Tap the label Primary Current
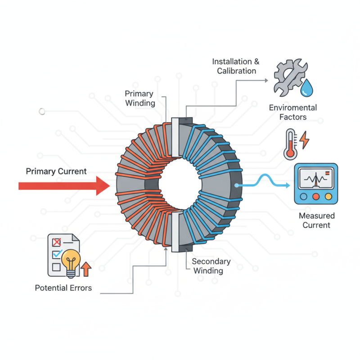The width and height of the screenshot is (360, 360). pos(56,171)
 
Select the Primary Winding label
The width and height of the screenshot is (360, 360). pos(139,98)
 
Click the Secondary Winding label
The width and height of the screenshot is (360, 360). pos(211,266)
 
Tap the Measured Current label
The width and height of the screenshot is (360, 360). pos(316,220)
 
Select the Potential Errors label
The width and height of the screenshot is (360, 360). pos(63,288)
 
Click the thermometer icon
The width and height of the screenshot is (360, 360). pos(290,144)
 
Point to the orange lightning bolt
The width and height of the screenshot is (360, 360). pos(305,140)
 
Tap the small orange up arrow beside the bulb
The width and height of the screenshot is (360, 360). pos(86,269)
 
